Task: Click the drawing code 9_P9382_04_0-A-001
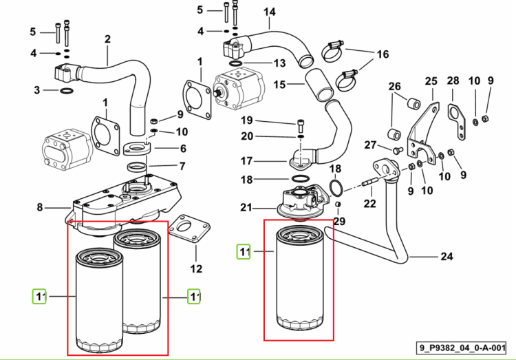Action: (462, 348)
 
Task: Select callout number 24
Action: (447, 256)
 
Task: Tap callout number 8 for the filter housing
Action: (39, 207)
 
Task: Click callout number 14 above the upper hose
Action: (269, 12)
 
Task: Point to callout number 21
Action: (246, 207)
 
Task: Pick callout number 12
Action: (196, 268)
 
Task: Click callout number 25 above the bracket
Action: (431, 81)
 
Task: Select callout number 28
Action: (453, 81)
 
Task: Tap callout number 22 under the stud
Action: (369, 203)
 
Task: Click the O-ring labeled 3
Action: (67, 91)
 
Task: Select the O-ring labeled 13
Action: (236, 63)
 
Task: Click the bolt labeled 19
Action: (301, 126)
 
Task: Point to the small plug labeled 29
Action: (338, 204)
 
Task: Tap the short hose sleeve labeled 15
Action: (319, 85)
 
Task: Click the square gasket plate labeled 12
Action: (189, 229)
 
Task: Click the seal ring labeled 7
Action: (137, 167)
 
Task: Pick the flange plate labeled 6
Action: (137, 148)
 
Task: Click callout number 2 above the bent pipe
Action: (107, 39)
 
